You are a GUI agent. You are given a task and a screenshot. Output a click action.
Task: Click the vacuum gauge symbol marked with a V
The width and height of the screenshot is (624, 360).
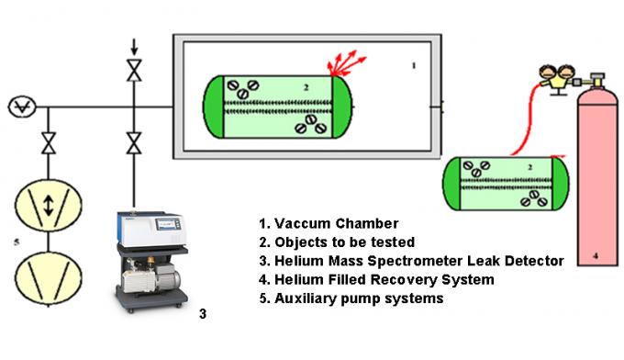coord(19,107)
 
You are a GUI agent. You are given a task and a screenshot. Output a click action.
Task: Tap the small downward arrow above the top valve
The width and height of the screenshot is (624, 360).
coord(135,45)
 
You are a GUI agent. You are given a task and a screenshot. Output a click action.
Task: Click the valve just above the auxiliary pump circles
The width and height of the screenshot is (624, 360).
coord(50,144)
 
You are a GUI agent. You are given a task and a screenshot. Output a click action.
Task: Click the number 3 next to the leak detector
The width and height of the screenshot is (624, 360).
coord(203,314)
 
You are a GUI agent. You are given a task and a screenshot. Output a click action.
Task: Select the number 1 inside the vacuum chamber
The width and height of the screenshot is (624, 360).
coord(414,65)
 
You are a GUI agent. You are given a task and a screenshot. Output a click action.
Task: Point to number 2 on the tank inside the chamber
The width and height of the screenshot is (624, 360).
coord(273,85)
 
